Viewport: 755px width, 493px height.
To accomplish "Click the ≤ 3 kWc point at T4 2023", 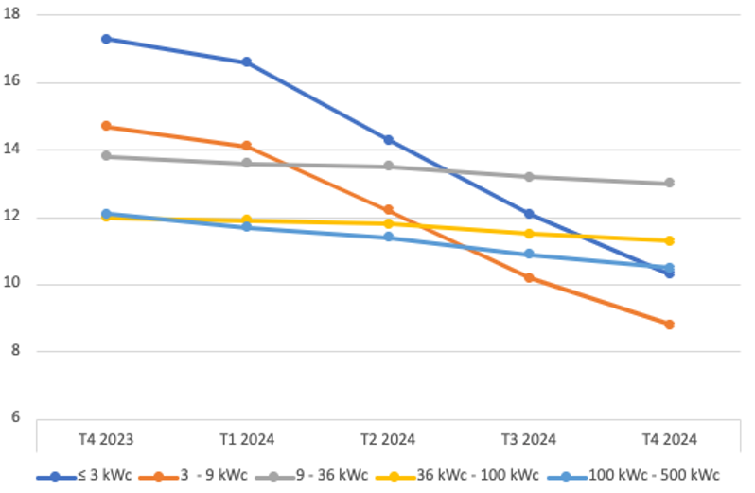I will tap(106, 39).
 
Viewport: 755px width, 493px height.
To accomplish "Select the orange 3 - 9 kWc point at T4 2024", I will tap(669, 325).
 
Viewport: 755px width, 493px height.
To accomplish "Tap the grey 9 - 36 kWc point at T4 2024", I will tap(669, 183).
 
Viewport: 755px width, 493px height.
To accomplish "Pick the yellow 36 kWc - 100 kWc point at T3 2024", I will tap(529, 234).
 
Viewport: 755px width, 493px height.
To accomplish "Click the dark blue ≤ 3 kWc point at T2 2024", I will tap(388, 140).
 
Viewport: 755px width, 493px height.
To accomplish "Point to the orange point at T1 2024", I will tap(247, 146).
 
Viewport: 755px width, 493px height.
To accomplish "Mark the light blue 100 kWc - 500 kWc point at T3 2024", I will tap(529, 255).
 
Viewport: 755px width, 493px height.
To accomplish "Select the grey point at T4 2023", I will tap(106, 156).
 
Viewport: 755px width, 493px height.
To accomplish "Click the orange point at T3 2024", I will tap(529, 277).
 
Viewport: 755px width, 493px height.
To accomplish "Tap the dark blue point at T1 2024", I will tap(247, 62).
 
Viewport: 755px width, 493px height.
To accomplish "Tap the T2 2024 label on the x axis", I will tap(388, 439).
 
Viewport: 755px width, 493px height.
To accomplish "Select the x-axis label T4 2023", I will tap(106, 439).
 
